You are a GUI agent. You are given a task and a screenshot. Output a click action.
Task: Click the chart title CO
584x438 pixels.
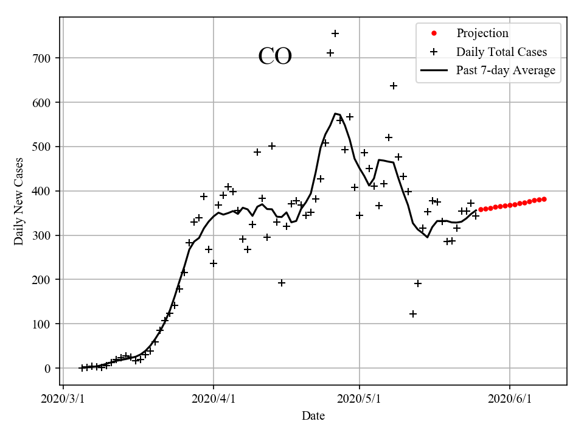(x=275, y=56)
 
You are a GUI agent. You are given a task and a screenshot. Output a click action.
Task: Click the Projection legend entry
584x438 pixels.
(x=482, y=33)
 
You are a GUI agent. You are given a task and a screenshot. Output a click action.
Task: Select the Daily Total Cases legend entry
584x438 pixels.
(x=501, y=52)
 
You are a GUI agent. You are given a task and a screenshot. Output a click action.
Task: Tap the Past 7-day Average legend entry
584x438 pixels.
(x=505, y=71)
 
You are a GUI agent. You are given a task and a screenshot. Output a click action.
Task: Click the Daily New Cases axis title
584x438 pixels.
(x=19, y=201)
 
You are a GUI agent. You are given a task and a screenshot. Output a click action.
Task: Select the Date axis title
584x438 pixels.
(x=313, y=416)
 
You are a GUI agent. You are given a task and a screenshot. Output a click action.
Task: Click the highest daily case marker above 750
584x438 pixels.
(x=335, y=33)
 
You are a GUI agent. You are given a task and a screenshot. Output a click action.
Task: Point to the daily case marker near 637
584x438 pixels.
(x=394, y=86)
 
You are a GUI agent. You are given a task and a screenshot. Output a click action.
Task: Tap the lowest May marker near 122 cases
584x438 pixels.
(x=413, y=314)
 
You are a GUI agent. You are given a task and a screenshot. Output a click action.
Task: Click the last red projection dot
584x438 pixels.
(x=544, y=199)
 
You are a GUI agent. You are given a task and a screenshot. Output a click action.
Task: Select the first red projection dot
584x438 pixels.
(x=481, y=209)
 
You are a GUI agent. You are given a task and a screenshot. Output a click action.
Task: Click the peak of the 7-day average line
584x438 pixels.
(x=335, y=113)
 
